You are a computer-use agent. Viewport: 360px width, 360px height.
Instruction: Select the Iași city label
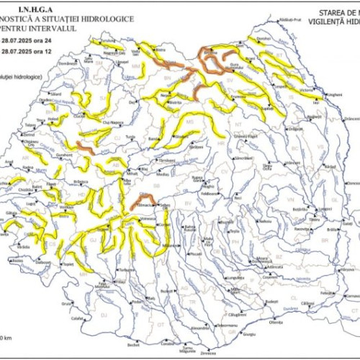tap(315, 104)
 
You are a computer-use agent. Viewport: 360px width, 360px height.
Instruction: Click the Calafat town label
tap(78, 318)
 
